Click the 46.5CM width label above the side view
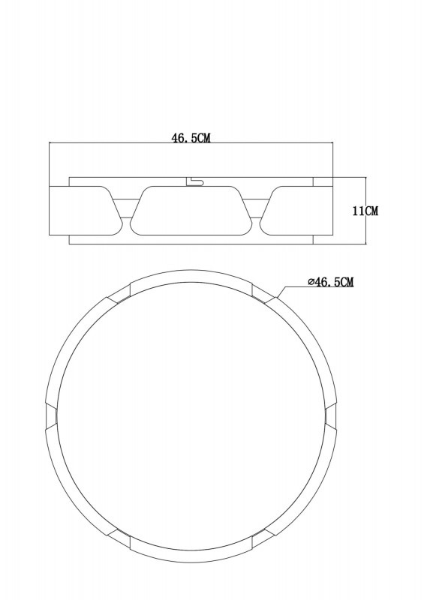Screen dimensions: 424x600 point(191,138)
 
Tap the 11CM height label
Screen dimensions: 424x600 point(365,211)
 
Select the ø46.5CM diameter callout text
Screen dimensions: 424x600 point(330,282)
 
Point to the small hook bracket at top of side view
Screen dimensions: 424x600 point(194,181)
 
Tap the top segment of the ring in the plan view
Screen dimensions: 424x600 point(191,276)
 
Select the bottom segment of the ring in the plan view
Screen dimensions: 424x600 point(191,556)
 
